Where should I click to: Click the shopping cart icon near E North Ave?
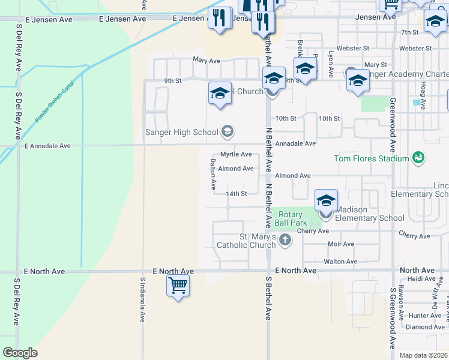click(x=178, y=286)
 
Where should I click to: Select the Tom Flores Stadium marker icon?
click(x=418, y=158)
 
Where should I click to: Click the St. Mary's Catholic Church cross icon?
click(x=285, y=241)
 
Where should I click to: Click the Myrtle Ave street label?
click(x=236, y=154)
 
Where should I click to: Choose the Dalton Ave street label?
click(x=212, y=174)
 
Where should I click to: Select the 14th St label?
click(x=237, y=194)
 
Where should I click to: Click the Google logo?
click(x=20, y=353)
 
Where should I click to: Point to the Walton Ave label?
click(x=340, y=262)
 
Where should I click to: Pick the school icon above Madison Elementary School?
click(x=326, y=200)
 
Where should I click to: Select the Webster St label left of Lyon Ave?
click(x=353, y=48)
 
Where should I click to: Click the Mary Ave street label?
click(x=207, y=60)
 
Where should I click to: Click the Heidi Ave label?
click(x=420, y=279)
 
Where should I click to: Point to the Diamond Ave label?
click(x=424, y=327)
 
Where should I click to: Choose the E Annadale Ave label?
click(x=47, y=146)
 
